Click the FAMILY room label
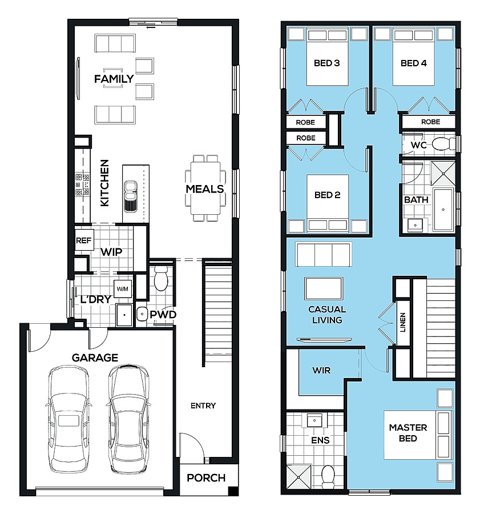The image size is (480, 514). pyautogui.click(x=114, y=79)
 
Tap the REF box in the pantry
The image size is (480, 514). pyautogui.click(x=84, y=240)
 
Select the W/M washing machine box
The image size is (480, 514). pyautogui.click(x=123, y=289)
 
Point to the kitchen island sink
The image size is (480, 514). pyautogui.click(x=130, y=196)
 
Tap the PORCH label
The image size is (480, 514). pyautogui.click(x=206, y=478)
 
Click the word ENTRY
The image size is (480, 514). pyautogui.click(x=203, y=406)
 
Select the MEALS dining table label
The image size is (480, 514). pyautogui.click(x=205, y=189)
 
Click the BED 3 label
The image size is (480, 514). pyautogui.click(x=326, y=63)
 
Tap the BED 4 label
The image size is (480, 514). pyautogui.click(x=413, y=63)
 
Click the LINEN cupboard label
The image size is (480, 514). pyautogui.click(x=403, y=322)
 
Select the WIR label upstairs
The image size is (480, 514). pyautogui.click(x=321, y=371)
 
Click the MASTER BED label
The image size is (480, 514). pyautogui.click(x=408, y=433)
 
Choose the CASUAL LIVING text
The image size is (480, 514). pyautogui.click(x=327, y=314)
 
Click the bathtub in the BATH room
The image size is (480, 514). pyautogui.click(x=443, y=209)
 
